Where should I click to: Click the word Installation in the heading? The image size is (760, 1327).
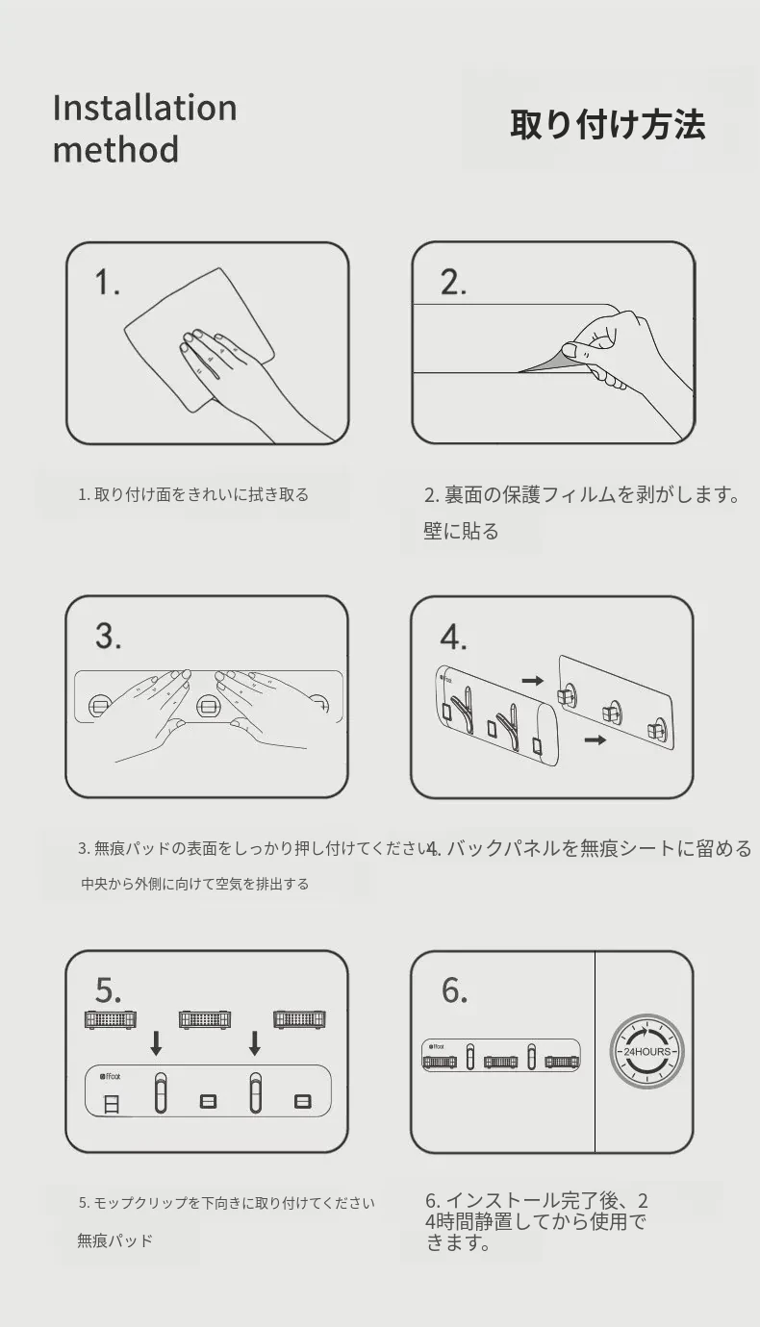coord(144,108)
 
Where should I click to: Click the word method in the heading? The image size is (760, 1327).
coord(115,149)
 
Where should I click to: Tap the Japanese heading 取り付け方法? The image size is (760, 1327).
coord(608,125)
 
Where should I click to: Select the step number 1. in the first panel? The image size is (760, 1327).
coord(108,282)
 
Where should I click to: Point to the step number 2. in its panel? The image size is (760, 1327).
coord(453,282)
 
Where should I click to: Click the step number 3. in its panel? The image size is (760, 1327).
coord(109,637)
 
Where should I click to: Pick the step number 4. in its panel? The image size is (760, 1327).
coord(453,638)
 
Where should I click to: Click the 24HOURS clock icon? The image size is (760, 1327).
coord(646,1052)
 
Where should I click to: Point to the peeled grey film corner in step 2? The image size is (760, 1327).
coord(548,362)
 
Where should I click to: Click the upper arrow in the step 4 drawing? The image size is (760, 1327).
coord(532,681)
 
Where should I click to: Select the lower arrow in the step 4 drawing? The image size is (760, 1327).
coord(595,739)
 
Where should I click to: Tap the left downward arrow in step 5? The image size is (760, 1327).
coord(156,1043)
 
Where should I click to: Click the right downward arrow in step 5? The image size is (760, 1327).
coord(254,1043)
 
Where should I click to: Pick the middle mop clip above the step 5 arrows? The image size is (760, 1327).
coord(205,1019)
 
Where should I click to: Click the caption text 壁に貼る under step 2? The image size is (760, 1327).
coord(461,531)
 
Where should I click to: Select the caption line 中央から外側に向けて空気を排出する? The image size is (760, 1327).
coord(195,884)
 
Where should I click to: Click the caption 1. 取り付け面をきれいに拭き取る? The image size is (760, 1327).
coord(193,494)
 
